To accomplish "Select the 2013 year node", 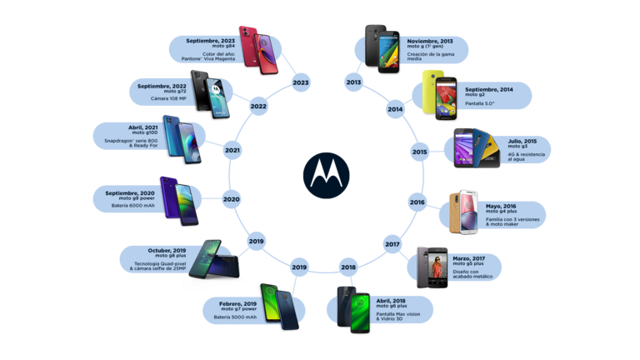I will click(354, 82).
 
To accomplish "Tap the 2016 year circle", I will click(417, 202).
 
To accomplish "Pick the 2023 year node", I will click(301, 82).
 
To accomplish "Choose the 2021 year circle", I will click(232, 151).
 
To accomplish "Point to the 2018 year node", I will click(348, 267).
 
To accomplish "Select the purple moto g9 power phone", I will click(179, 201).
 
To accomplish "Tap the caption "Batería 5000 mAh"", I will click(234, 317).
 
